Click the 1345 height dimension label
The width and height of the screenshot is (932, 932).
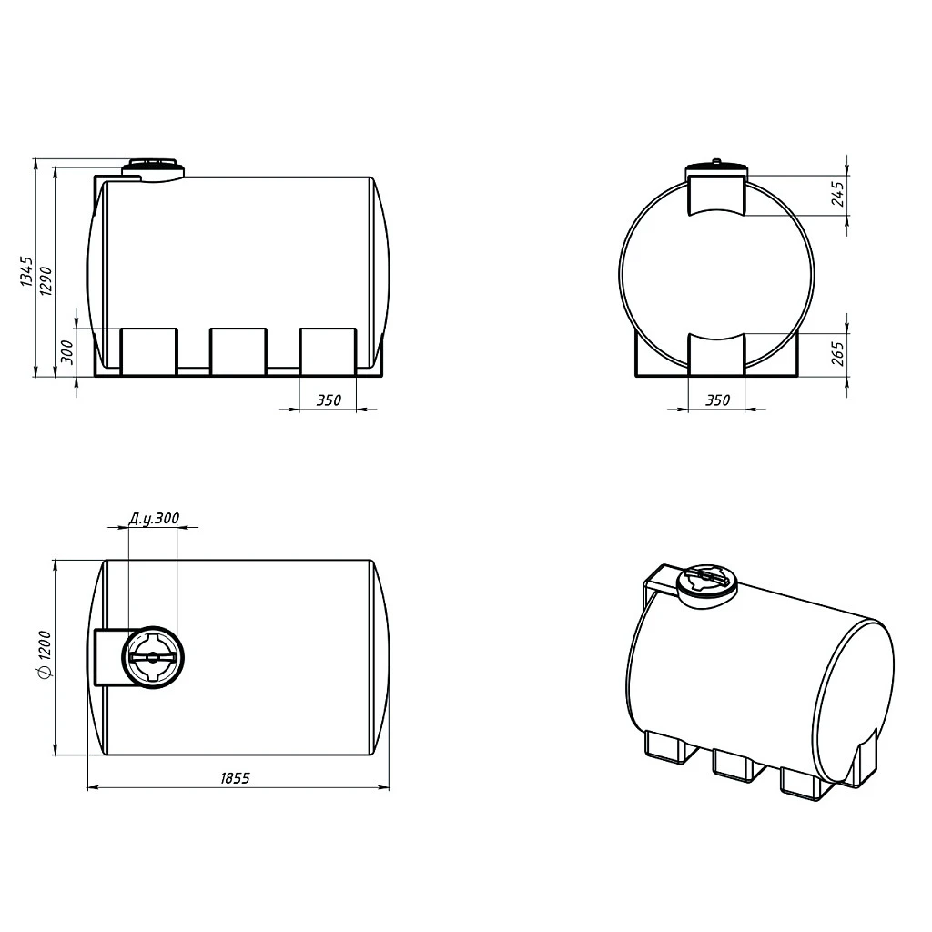(26, 271)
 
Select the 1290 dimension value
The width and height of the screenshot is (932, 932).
(46, 280)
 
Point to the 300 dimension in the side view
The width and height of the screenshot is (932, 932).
(67, 352)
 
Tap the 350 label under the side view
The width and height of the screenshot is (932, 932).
(329, 400)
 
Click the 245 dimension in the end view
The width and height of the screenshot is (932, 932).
(837, 194)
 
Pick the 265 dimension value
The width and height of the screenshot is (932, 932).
(837, 353)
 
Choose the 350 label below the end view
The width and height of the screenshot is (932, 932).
(717, 400)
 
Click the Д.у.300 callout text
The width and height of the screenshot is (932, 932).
(154, 518)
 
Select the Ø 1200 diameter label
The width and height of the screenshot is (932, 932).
(46, 653)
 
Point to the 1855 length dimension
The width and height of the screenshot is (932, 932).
(236, 778)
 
